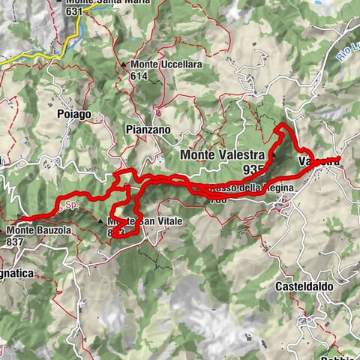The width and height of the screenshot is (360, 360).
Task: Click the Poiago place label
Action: [x=73, y=114]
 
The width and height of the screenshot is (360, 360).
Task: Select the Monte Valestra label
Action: [x=223, y=155]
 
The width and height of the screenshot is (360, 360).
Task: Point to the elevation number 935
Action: [x=254, y=169]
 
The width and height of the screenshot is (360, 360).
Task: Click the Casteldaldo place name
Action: [x=299, y=286]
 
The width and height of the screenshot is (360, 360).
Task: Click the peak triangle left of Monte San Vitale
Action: [x=100, y=222]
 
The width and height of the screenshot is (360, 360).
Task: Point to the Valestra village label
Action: [x=318, y=160]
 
